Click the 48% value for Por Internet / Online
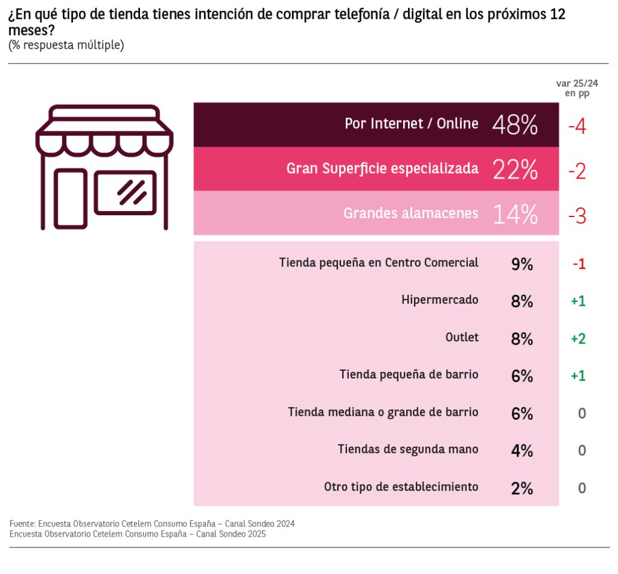[x=515, y=125]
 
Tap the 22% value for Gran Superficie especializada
[x=515, y=170]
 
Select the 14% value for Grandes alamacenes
[x=515, y=214]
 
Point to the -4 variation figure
[x=577, y=126]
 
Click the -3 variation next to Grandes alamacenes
[x=577, y=215]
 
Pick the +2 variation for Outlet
[x=578, y=339]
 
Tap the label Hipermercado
[x=440, y=300]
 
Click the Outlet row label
[x=462, y=337]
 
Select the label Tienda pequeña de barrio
[x=409, y=374]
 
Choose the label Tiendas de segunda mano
[x=408, y=449]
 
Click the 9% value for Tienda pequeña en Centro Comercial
[x=521, y=263]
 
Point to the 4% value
[x=521, y=450]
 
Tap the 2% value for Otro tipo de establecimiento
[x=521, y=488]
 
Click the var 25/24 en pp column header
[x=577, y=88]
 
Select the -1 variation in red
[x=578, y=264]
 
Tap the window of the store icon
[x=125, y=192]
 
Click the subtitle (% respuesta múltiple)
[x=66, y=45]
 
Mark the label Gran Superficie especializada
[x=382, y=169]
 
